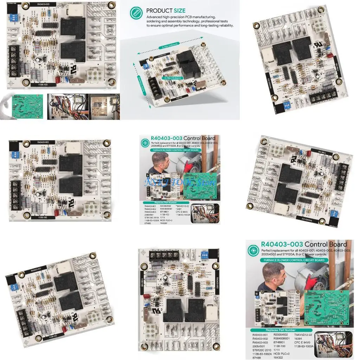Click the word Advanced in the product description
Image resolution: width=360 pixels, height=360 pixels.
click(x=155, y=17)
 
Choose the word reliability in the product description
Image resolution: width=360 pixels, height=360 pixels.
click(x=223, y=26)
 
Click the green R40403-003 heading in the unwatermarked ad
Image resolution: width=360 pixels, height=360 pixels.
click(x=281, y=244)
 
